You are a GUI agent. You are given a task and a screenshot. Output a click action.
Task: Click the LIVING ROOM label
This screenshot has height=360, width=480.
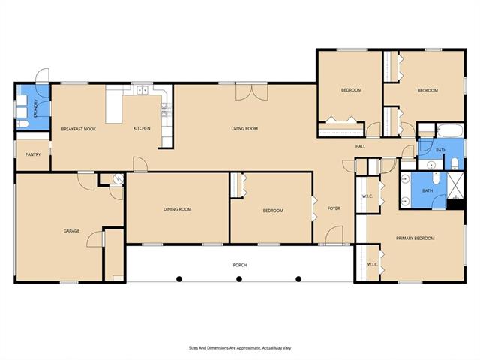[x=244, y=129]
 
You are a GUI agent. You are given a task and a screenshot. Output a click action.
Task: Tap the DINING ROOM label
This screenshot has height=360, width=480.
[x=178, y=209]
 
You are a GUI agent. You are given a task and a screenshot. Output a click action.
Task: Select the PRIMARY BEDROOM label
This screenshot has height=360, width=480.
[x=415, y=238]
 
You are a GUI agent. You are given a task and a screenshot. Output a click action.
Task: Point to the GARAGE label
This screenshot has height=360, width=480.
[x=71, y=231]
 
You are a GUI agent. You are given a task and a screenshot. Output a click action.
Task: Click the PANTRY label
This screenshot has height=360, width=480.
[x=33, y=155]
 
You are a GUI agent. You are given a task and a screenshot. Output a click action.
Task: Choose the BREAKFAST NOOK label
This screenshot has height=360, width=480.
[x=79, y=129]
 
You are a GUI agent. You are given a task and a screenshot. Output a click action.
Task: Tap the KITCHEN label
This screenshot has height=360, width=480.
[x=142, y=128]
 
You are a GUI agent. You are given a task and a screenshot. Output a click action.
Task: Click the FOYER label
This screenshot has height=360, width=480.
[x=334, y=208]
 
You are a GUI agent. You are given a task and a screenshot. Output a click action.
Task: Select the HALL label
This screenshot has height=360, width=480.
[x=360, y=147]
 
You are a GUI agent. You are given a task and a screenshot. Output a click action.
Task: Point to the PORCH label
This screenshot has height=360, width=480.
[x=240, y=265]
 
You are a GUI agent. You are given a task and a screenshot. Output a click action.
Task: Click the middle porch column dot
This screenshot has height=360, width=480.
[x=239, y=279]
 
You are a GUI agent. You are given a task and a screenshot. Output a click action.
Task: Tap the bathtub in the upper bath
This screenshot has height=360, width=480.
[x=449, y=130]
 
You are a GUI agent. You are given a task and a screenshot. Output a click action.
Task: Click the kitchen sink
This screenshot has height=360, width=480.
[x=142, y=90]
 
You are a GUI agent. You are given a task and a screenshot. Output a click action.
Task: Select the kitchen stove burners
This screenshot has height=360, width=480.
[x=165, y=110]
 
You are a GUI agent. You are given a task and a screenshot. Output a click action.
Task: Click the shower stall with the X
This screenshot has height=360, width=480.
[x=456, y=186]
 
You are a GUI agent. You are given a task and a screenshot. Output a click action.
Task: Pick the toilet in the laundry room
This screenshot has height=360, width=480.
[x=22, y=124]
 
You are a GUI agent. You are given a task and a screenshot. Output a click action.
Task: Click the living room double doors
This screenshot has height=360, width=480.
[x=252, y=91]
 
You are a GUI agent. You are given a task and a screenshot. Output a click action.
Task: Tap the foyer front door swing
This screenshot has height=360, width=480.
[x=334, y=235]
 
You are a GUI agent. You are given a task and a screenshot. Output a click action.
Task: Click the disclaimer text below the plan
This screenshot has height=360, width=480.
[x=240, y=348]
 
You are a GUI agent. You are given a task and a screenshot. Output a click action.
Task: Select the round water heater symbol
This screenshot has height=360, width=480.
[x=118, y=178]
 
